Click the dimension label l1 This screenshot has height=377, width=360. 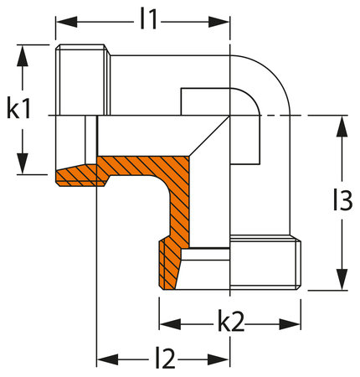149,19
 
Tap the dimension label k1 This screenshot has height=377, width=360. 19,109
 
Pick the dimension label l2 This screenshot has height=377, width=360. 165,359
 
